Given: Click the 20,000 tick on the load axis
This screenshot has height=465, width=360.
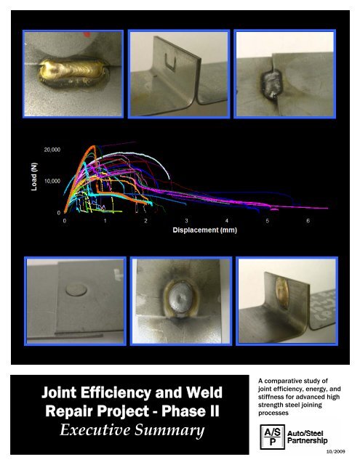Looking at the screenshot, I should tap(52, 149).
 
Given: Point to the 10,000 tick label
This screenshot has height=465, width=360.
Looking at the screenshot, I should tap(52, 180).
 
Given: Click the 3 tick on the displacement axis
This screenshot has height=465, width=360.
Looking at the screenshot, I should tap(187, 219).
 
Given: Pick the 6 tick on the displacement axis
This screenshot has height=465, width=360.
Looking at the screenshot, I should tap(309, 219).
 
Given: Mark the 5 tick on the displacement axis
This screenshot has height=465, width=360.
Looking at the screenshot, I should tap(268, 219).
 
